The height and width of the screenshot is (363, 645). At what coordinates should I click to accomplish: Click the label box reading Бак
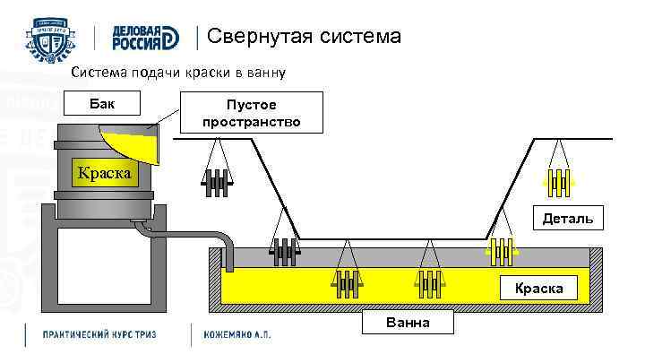(x=102, y=103)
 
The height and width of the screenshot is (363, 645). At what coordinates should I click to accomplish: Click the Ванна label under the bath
(x=408, y=322)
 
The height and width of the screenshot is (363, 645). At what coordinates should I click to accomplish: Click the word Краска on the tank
(x=101, y=172)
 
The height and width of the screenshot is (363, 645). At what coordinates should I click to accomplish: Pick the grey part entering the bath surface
(x=285, y=252)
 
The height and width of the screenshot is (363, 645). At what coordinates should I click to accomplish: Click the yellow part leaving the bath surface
(x=500, y=252)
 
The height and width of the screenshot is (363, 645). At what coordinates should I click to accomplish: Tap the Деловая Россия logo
(x=146, y=38)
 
